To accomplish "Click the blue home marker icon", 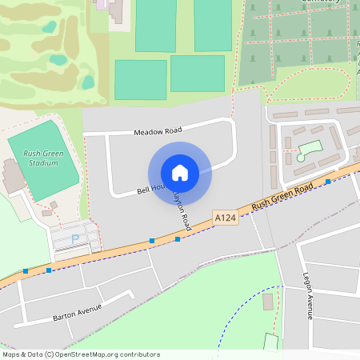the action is pyautogui.click(x=180, y=172).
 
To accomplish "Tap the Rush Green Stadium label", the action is pyautogui.click(x=42, y=158).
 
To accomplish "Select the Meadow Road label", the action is pyautogui.click(x=158, y=130).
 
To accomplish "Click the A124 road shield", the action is pyautogui.click(x=225, y=217).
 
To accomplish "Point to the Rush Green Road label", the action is pyautogui.click(x=282, y=199).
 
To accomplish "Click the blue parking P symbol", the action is pyautogui.click(x=76, y=238).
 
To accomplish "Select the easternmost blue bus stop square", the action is pyautogui.click(x=328, y=182).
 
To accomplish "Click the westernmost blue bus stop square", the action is pyautogui.click(x=26, y=271).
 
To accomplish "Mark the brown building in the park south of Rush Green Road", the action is pyautogui.click(x=267, y=302).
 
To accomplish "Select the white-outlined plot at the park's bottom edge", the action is pyautogui.click(x=270, y=342).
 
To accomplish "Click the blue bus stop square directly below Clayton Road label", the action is pyautogui.click(x=178, y=238).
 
